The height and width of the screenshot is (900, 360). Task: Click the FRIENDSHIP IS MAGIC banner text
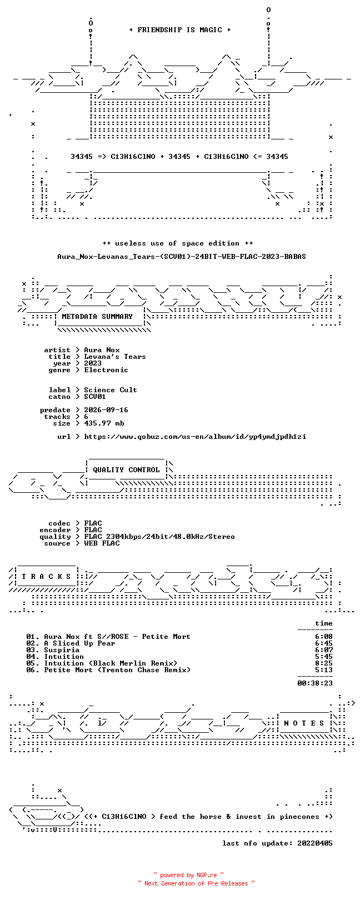(x=180, y=30)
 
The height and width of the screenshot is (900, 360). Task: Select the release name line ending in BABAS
(x=182, y=256)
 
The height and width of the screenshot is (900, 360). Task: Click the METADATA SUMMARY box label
(x=97, y=317)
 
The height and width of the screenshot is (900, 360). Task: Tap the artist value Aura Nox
(x=102, y=350)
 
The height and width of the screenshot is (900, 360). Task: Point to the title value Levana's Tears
(x=115, y=357)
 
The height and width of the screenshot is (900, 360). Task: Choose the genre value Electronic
(x=106, y=370)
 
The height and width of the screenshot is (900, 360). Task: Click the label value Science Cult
(x=111, y=390)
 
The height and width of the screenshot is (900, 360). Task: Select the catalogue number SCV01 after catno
(x=95, y=397)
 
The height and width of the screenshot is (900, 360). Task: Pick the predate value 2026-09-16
(x=106, y=410)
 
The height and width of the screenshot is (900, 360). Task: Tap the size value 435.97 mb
(x=104, y=423)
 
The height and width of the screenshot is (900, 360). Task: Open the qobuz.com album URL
(x=195, y=437)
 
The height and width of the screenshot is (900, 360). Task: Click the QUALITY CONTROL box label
(x=126, y=470)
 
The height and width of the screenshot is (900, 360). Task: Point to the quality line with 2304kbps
(x=159, y=537)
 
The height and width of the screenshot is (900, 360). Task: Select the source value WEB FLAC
(x=102, y=544)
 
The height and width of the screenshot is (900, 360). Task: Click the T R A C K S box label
(x=46, y=577)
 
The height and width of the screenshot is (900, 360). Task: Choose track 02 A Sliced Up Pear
(x=71, y=644)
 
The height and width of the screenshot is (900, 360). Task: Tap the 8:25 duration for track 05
(x=324, y=663)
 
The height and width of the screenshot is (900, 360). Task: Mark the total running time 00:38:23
(x=315, y=683)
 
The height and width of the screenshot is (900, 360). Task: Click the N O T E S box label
(x=304, y=723)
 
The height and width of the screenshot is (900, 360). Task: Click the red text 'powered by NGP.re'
(x=188, y=875)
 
